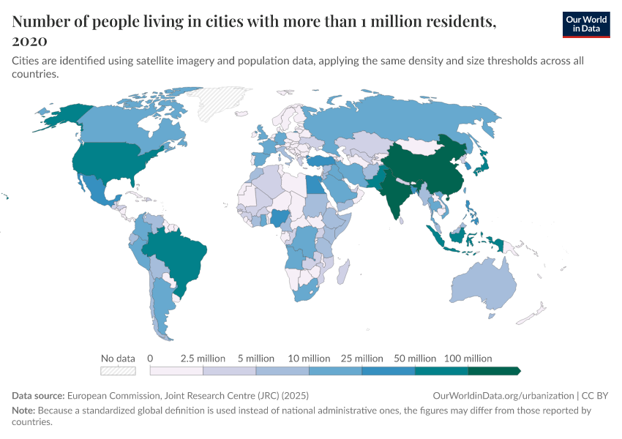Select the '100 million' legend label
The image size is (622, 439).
tap(468, 359)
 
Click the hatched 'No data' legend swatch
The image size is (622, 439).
tap(118, 371)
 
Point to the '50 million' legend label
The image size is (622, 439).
tap(415, 359)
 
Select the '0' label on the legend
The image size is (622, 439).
tap(150, 359)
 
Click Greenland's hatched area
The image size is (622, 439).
tap(227, 106)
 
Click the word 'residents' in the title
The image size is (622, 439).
tap(451, 22)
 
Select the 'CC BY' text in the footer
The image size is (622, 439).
tap(597, 395)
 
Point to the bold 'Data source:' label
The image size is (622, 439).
tap(38, 395)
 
